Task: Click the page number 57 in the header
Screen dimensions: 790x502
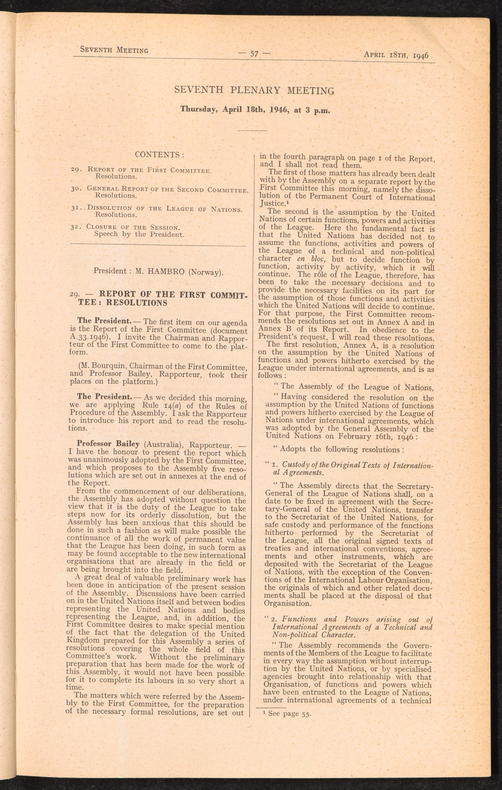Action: (x=255, y=54)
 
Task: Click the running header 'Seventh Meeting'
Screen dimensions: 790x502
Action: (x=114, y=50)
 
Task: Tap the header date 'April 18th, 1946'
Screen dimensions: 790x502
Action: (x=396, y=55)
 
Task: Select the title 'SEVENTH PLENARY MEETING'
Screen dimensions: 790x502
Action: (x=254, y=90)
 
